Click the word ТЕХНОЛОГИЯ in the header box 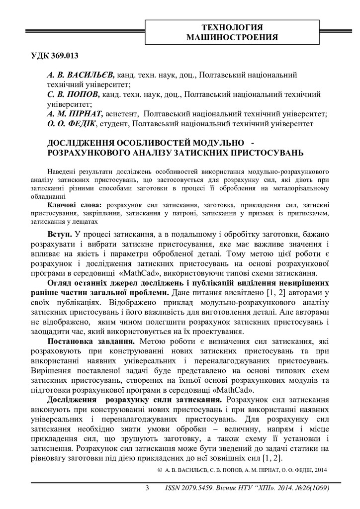pyautogui.click(x=232, y=27)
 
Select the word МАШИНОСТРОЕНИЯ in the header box pyautogui.click(x=232, y=37)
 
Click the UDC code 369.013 pyautogui.click(x=64, y=55)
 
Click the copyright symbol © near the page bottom pyautogui.click(x=160, y=470)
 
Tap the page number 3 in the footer pyautogui.click(x=147, y=488)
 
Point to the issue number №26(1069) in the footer pyautogui.click(x=306, y=488)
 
